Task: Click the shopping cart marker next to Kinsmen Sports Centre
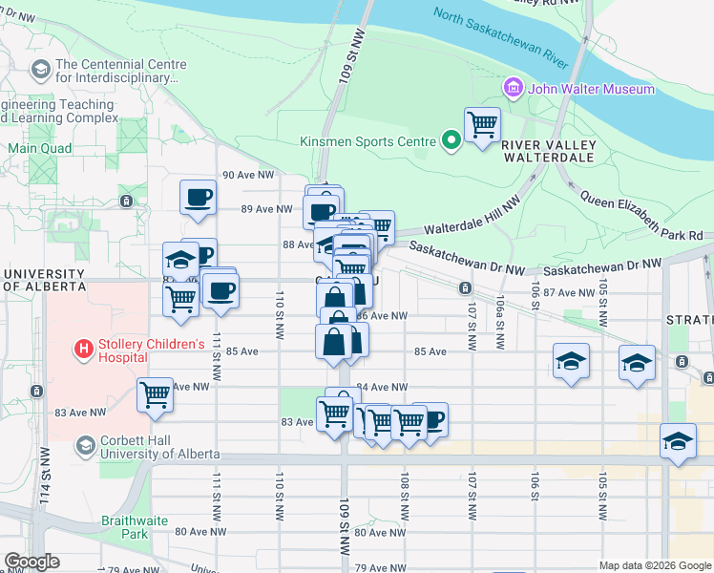(482, 123)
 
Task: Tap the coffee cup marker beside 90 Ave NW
(199, 198)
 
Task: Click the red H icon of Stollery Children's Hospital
(84, 350)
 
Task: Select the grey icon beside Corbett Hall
(85, 446)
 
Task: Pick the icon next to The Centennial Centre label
(41, 70)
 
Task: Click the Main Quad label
(40, 148)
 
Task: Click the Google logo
(32, 562)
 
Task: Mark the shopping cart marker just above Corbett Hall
(155, 394)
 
